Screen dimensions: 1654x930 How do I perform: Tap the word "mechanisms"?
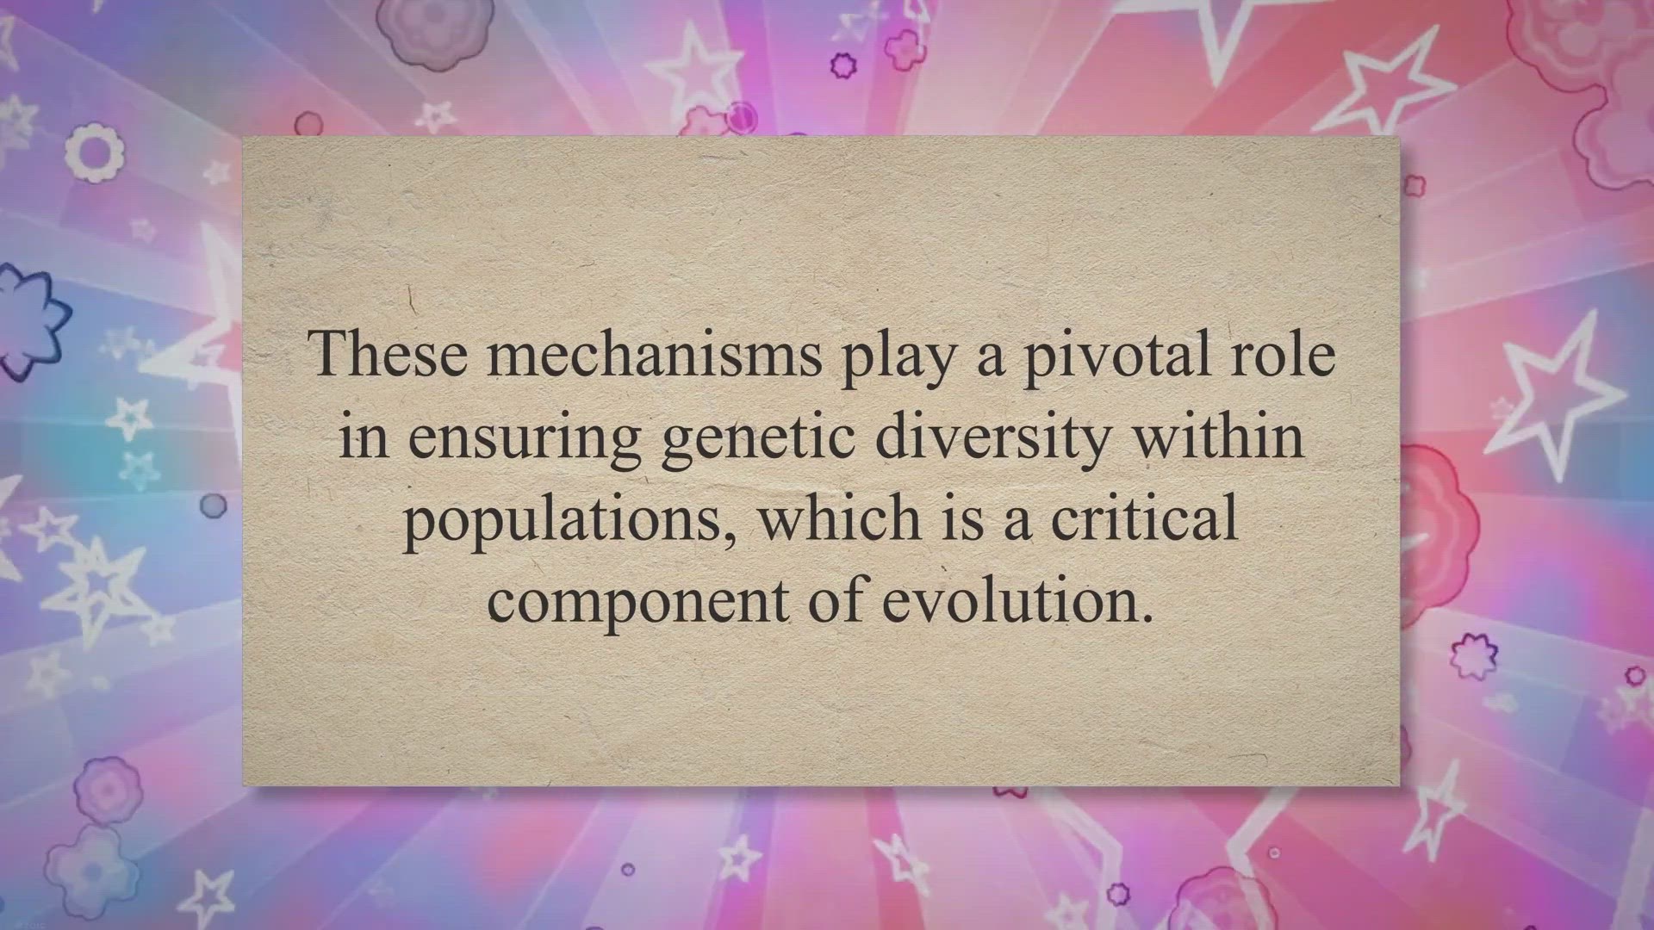pyautogui.click(x=655, y=353)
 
